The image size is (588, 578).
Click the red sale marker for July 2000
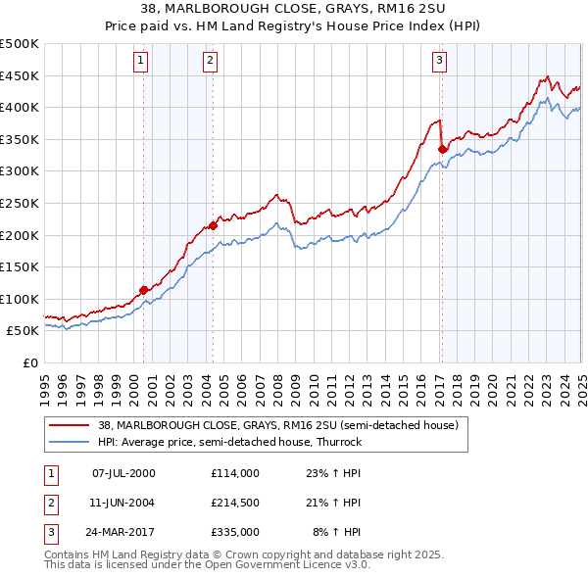(143, 289)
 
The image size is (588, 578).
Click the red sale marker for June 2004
(213, 225)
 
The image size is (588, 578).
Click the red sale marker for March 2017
(442, 149)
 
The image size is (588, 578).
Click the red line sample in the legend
(69, 426)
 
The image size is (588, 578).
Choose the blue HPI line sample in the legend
(69, 442)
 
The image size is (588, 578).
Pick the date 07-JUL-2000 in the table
(123, 472)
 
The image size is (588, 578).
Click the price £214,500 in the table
(234, 503)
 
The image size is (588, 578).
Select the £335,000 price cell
(234, 532)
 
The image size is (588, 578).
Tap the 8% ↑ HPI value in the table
(336, 532)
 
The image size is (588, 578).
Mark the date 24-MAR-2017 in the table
(123, 532)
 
